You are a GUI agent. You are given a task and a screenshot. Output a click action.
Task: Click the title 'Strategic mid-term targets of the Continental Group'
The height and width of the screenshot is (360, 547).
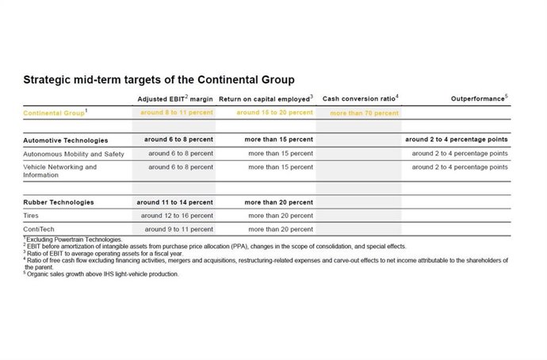tap(159, 80)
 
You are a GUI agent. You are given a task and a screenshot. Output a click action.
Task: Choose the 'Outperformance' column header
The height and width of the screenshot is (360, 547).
tap(478, 98)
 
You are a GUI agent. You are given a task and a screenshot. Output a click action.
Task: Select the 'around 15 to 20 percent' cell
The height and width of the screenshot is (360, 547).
tap(275, 113)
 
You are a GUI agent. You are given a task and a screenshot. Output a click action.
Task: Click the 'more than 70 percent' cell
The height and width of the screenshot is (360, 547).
tap(365, 113)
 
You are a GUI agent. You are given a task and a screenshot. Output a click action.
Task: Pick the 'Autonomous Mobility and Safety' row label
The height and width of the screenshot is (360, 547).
tap(74, 153)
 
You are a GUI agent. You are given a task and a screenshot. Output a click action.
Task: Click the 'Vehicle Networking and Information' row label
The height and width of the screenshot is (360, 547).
tap(60, 171)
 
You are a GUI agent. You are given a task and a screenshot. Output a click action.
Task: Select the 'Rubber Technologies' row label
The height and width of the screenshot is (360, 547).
tap(59, 202)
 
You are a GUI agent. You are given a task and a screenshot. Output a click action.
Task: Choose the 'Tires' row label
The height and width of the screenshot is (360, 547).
tap(32, 216)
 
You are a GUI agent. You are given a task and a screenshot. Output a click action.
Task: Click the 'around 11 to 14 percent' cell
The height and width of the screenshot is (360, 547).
tap(174, 202)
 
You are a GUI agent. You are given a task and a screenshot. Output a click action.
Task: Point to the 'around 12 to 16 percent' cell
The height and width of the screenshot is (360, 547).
tap(177, 216)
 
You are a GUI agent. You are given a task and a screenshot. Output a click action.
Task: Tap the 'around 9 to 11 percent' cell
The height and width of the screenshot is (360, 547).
tap(178, 229)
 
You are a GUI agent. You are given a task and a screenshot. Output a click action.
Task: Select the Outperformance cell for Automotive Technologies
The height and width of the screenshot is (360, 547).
tap(456, 140)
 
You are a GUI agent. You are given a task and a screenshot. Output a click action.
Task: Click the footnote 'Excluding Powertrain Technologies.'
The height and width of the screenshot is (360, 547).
tap(74, 239)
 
